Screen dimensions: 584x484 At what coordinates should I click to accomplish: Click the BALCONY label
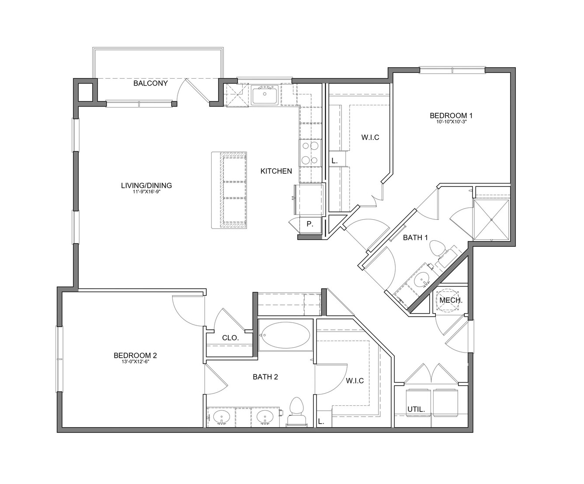click(150, 83)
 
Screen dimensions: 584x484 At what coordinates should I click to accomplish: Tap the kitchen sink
click(264, 95)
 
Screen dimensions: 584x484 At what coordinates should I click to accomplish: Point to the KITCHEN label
click(276, 171)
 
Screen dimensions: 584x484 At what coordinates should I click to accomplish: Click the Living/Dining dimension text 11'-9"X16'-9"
click(146, 192)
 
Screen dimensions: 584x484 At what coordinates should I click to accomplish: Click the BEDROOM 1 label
click(451, 115)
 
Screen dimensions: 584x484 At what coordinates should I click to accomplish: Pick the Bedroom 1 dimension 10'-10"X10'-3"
click(451, 122)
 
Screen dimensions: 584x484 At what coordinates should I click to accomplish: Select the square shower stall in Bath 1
click(491, 220)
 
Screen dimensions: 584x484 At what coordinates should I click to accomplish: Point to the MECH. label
click(451, 301)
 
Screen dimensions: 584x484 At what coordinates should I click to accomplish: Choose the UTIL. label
click(416, 410)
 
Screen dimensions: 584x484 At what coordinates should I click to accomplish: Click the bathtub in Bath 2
click(286, 335)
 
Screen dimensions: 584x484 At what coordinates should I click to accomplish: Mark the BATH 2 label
click(265, 377)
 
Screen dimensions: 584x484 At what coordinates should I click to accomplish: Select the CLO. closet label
click(230, 338)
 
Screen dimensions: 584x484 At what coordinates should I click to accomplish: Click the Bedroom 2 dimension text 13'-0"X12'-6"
click(135, 362)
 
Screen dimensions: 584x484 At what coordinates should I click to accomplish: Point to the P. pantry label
click(310, 224)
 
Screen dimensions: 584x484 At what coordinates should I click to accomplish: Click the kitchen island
click(229, 190)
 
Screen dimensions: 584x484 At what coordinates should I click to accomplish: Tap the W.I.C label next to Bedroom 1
click(370, 137)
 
